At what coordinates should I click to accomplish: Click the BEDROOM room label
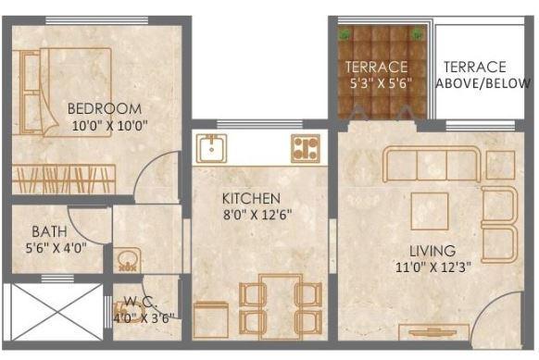pos(104,107)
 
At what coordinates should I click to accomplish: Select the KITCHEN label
pos(250,198)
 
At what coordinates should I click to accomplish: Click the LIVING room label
pos(432,250)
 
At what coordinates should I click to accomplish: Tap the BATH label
pos(48,231)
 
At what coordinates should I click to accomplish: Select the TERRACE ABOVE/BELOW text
pos(474,75)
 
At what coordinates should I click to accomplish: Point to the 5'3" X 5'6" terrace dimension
pos(378,83)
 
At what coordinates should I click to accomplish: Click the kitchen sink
pos(210,147)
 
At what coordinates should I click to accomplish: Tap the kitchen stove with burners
pos(305,148)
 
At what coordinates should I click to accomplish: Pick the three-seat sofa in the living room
pos(432,163)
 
